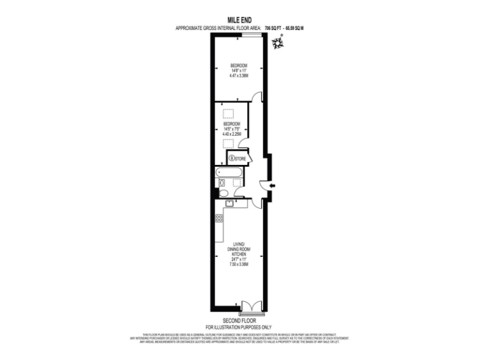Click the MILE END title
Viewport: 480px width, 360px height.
[x=239, y=21]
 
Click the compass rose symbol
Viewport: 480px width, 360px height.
[x=277, y=42]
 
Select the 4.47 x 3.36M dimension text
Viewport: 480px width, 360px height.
[x=239, y=76]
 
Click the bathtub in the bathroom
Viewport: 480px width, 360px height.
[x=230, y=172]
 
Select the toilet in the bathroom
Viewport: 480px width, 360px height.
[x=222, y=183]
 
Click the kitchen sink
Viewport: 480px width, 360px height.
[x=230, y=202]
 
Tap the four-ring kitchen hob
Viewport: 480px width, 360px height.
[x=219, y=218]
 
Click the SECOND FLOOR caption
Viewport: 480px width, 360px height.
[x=239, y=320]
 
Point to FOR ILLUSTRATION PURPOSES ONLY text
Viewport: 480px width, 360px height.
[x=239, y=327]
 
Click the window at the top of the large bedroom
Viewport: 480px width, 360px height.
[x=251, y=36]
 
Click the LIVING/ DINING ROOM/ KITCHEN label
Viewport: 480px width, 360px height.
[x=239, y=249]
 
